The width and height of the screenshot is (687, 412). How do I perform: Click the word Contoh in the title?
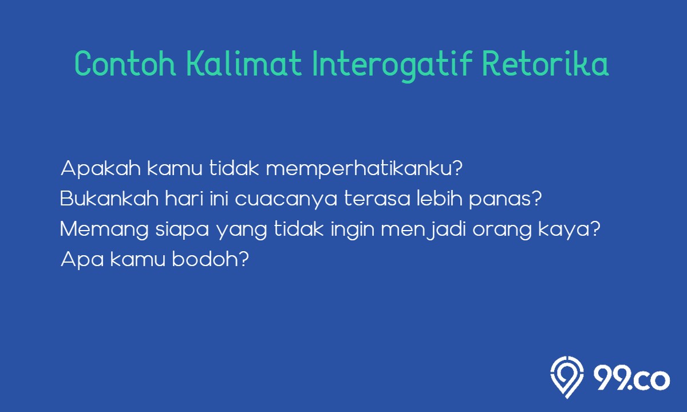tap(125, 64)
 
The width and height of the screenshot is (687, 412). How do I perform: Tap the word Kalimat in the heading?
tap(244, 64)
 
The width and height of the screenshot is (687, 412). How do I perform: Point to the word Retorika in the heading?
tap(545, 64)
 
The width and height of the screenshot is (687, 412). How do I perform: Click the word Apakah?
tap(101, 169)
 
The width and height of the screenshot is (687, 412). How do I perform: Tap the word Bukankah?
tap(109, 199)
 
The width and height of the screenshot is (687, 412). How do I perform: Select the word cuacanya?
tap(286, 200)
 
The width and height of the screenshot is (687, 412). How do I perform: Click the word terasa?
tap(377, 199)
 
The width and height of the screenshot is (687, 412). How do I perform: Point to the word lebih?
tap(440, 199)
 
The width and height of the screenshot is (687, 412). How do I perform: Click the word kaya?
tap(564, 230)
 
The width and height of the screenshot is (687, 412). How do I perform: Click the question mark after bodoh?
tap(243, 259)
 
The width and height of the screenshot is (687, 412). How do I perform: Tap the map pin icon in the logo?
tap(567, 377)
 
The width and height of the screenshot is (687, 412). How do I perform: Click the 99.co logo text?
tap(631, 379)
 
